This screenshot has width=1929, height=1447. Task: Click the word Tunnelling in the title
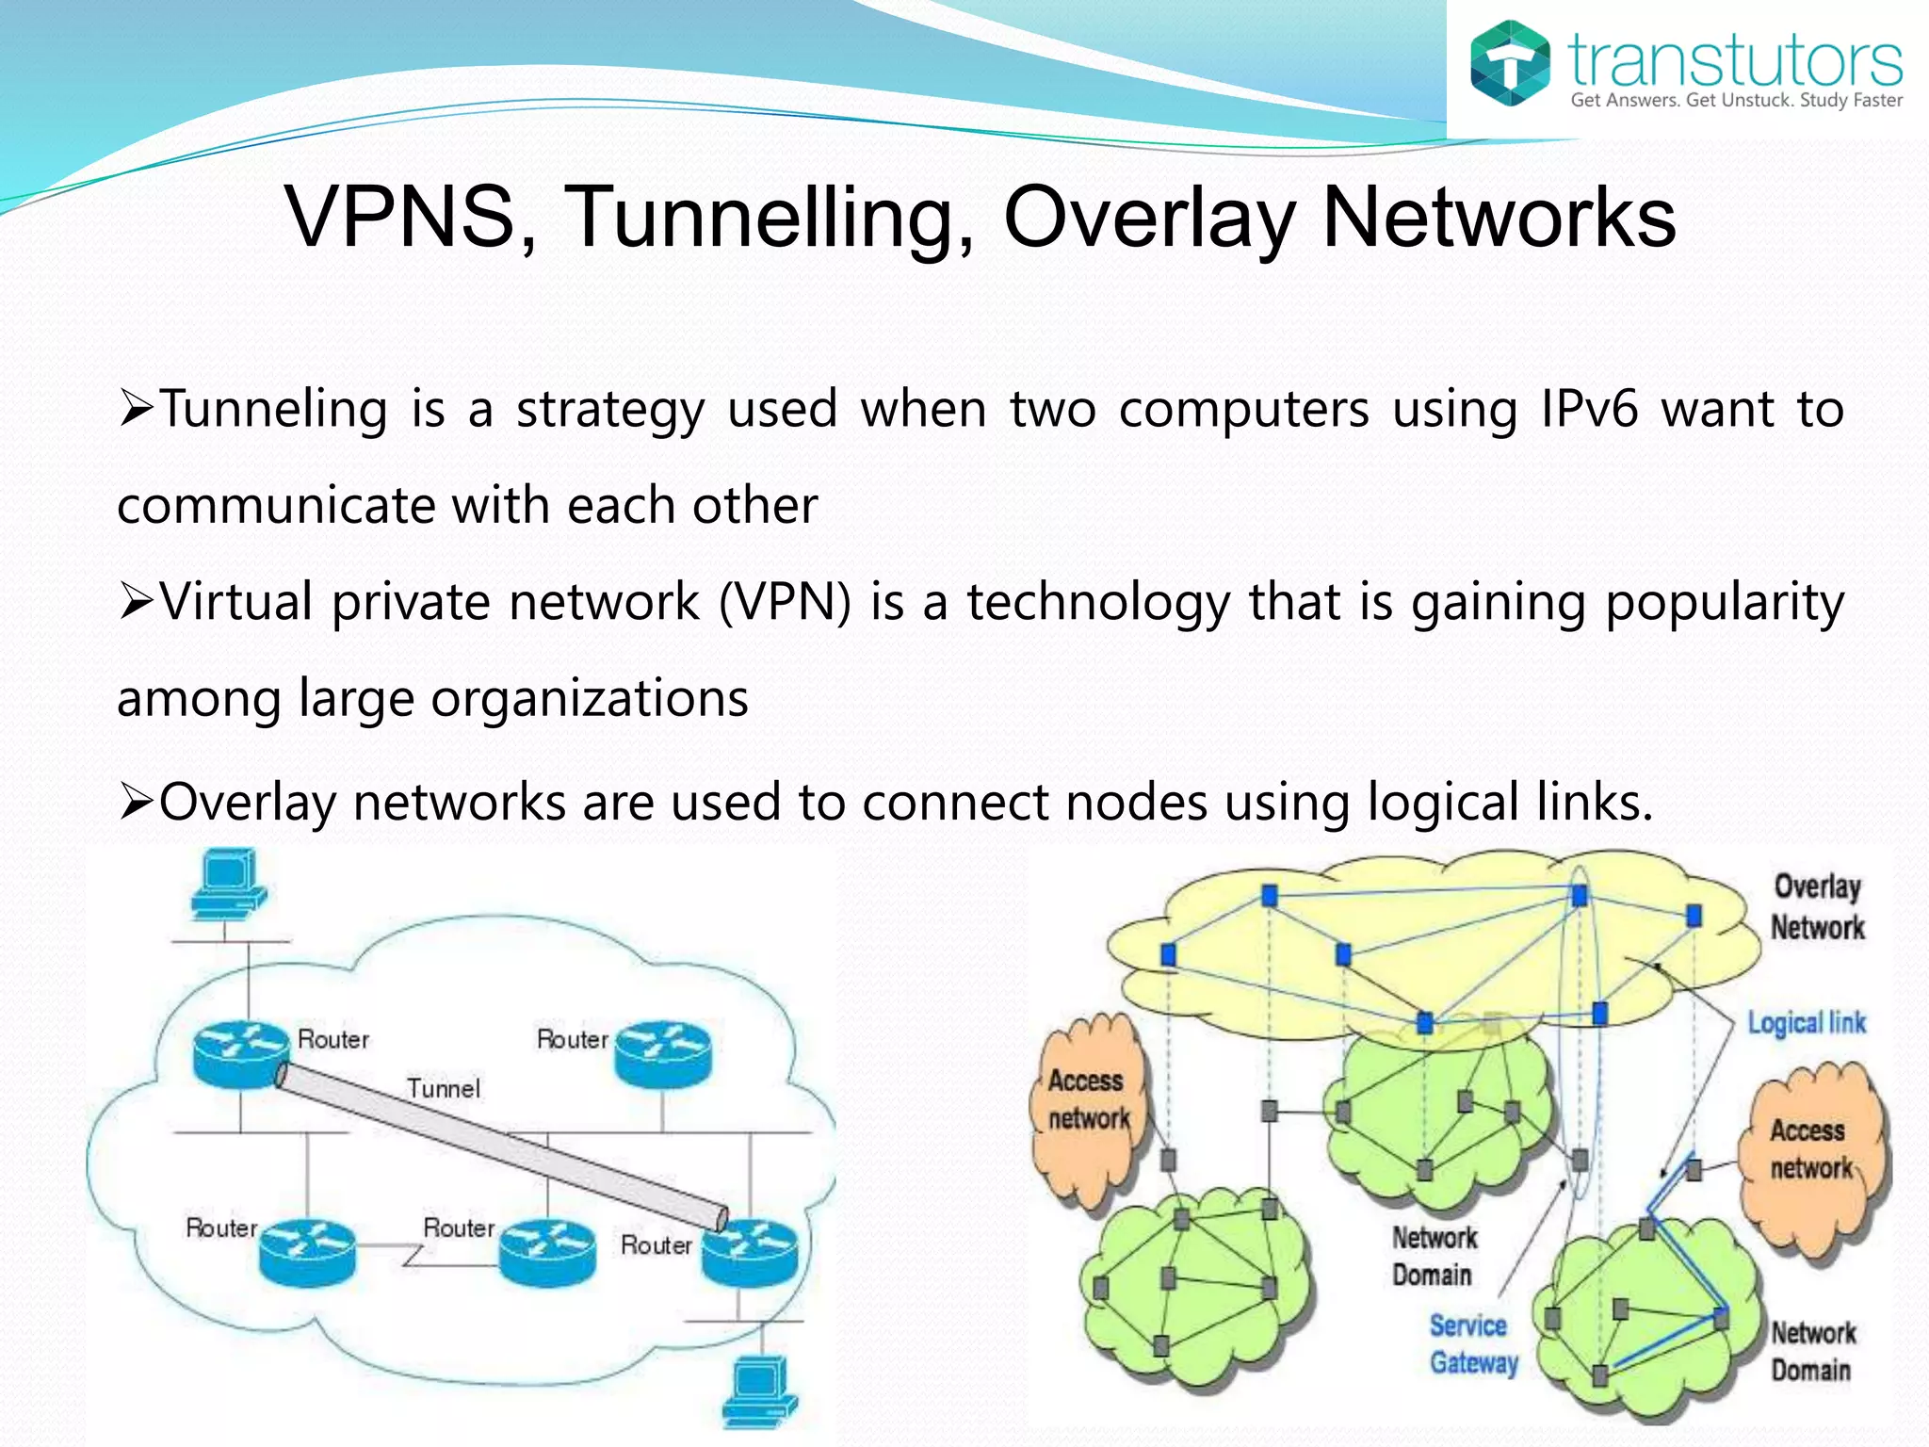770,218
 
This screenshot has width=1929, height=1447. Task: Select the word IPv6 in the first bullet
1589,409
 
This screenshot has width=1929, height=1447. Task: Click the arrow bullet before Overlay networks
136,804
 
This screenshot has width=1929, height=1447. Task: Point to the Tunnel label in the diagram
444,1089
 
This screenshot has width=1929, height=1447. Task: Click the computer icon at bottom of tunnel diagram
759,1391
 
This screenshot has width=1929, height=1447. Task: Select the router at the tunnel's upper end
240,1054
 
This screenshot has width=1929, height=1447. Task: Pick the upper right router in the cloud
663,1053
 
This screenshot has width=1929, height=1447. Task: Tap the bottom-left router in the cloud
307,1252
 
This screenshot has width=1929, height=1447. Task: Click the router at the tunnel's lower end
750,1250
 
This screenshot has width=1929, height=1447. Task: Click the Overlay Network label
1817,906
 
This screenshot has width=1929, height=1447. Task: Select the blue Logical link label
1806,1023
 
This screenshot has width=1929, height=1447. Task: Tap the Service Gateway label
1472,1344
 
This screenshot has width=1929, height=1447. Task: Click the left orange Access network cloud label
1088,1099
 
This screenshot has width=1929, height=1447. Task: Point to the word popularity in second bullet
1724,602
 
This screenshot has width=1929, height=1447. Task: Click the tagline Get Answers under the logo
1736,101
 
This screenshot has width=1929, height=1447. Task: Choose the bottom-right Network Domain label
1812,1351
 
